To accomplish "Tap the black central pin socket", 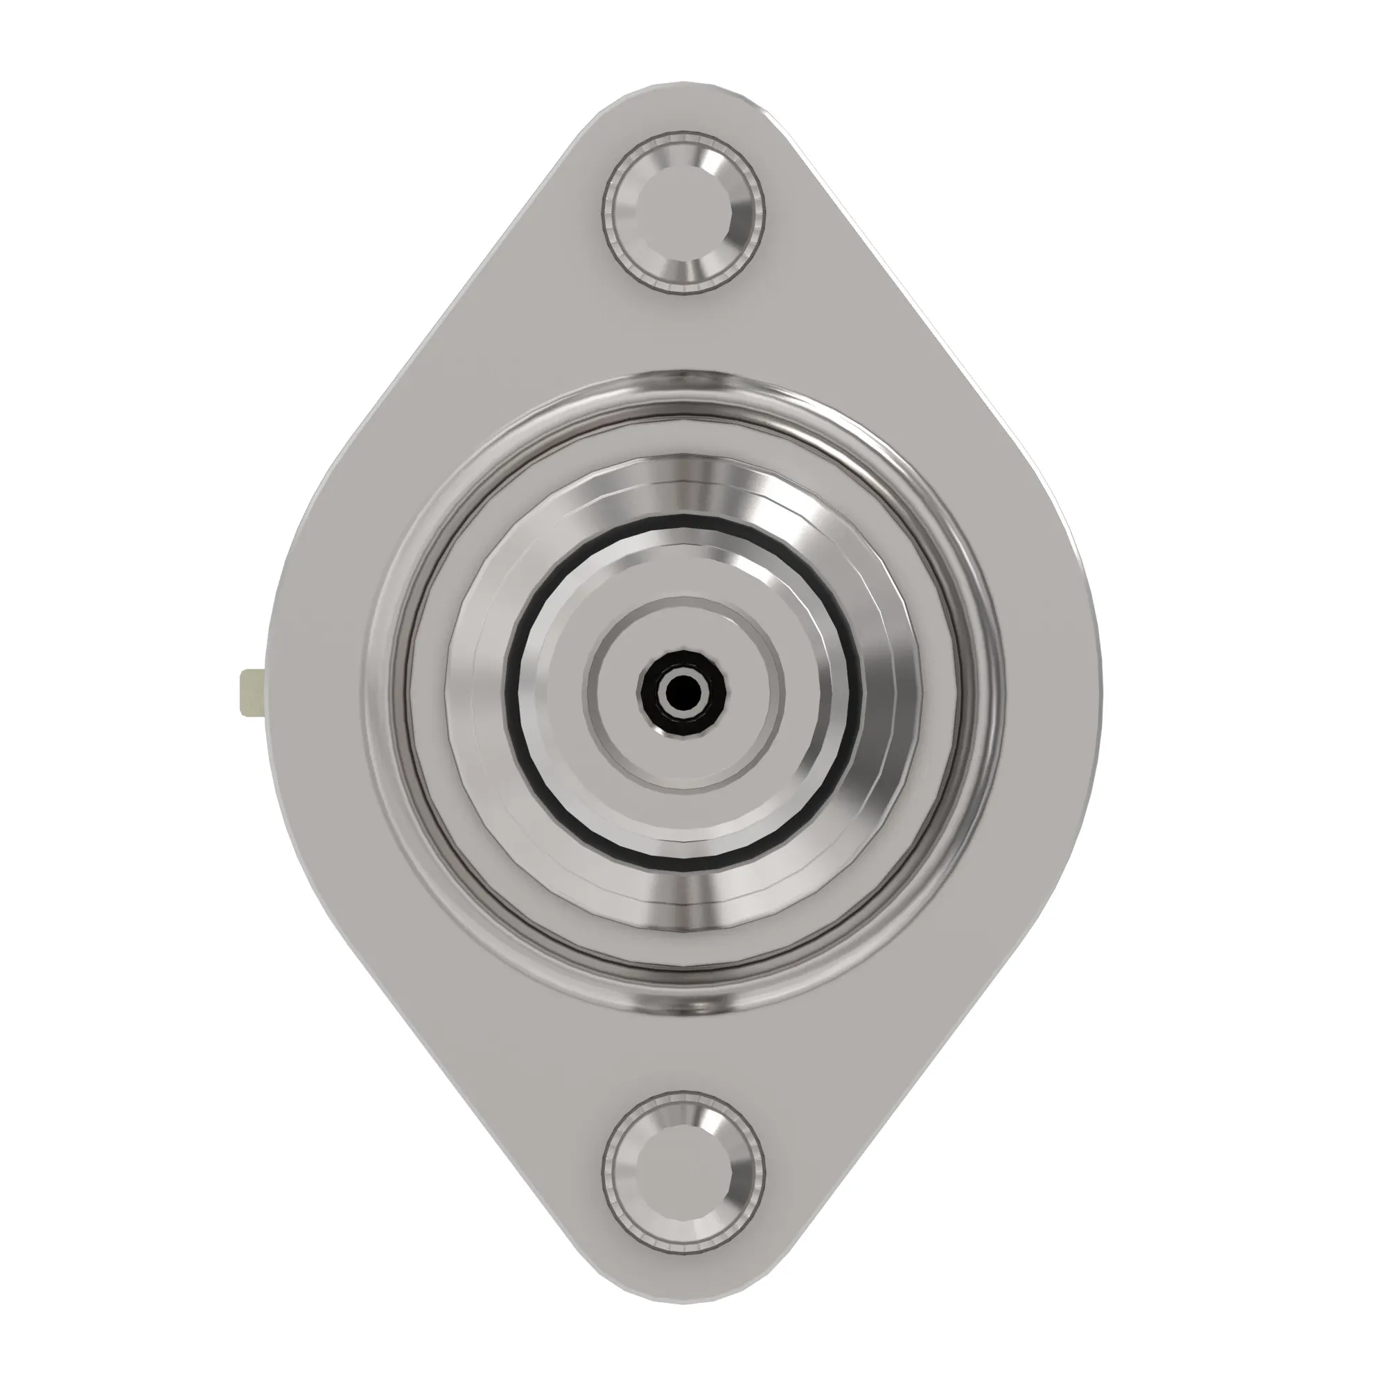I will pyautogui.click(x=682, y=692).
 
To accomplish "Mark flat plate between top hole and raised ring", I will pyautogui.click(x=682, y=333).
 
